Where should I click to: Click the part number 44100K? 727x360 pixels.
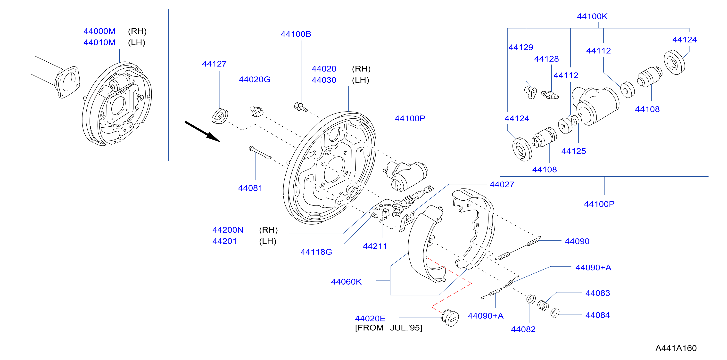coord(592,16)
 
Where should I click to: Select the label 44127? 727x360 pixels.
coord(214,64)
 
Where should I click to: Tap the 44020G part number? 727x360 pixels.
coord(255,80)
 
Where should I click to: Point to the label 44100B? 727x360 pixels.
coord(296,34)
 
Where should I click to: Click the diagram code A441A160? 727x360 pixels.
coord(676,348)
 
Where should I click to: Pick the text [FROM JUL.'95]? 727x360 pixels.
coord(389,328)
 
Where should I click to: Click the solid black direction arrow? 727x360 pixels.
coord(202,131)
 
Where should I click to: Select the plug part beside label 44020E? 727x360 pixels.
coord(450,318)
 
